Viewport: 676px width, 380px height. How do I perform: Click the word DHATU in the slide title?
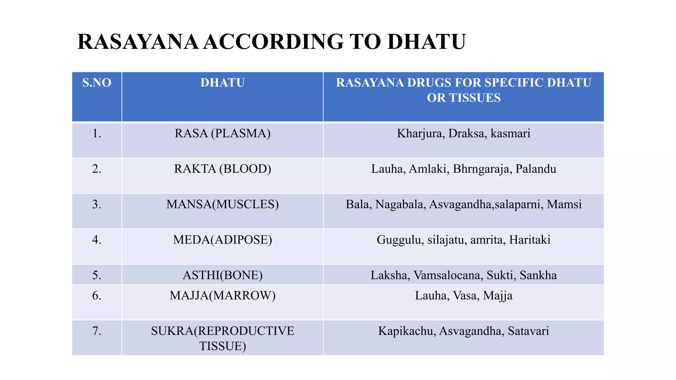pyautogui.click(x=426, y=42)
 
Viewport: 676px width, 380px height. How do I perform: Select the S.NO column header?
pyautogui.click(x=97, y=82)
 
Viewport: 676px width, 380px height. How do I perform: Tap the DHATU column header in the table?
pyautogui.click(x=222, y=82)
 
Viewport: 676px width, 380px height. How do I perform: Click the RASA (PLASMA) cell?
pyautogui.click(x=222, y=134)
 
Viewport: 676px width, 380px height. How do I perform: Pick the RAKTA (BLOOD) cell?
pyautogui.click(x=222, y=169)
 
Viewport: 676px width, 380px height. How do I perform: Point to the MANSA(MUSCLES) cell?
pyautogui.click(x=222, y=205)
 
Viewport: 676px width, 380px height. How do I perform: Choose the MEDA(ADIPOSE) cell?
pyautogui.click(x=222, y=240)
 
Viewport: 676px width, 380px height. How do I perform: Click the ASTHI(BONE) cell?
pyautogui.click(x=222, y=275)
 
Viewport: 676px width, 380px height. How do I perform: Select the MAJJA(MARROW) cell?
pyautogui.click(x=222, y=296)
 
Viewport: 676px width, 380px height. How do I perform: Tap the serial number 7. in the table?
pyautogui.click(x=97, y=331)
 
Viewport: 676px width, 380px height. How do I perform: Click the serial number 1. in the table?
pyautogui.click(x=97, y=134)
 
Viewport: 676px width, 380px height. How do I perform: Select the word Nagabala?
pyautogui.click(x=400, y=205)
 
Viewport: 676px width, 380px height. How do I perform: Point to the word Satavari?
pyautogui.click(x=528, y=331)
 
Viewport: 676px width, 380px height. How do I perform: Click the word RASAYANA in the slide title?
pyautogui.click(x=138, y=42)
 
